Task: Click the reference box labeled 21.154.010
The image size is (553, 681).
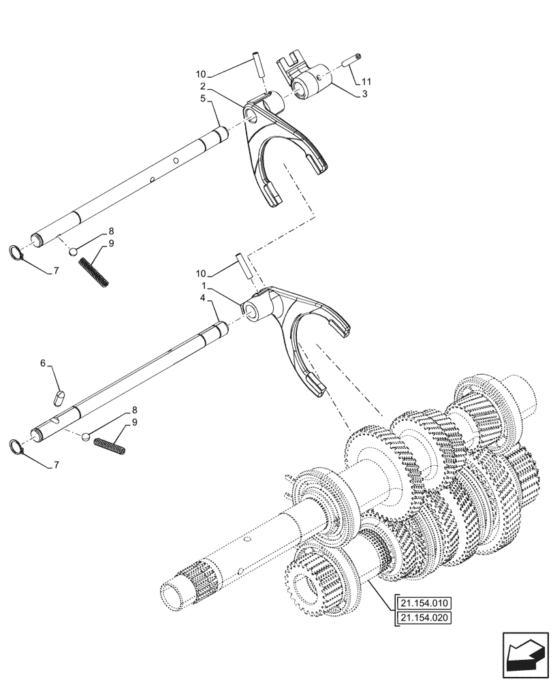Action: [x=423, y=603]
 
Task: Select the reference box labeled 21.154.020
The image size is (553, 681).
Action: [x=423, y=618]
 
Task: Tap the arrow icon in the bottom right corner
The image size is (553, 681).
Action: [x=525, y=655]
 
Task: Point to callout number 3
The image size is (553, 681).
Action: [x=365, y=94]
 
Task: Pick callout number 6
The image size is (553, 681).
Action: [x=44, y=364]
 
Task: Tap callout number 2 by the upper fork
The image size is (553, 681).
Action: [x=204, y=87]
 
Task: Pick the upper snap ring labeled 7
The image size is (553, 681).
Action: [x=17, y=254]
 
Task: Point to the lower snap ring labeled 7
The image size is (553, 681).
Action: [x=18, y=447]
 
